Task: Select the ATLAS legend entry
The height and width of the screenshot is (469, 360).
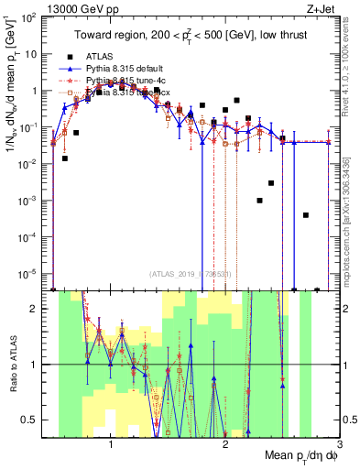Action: [x=102, y=57]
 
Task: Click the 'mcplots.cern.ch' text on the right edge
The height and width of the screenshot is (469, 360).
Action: [x=351, y=229]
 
